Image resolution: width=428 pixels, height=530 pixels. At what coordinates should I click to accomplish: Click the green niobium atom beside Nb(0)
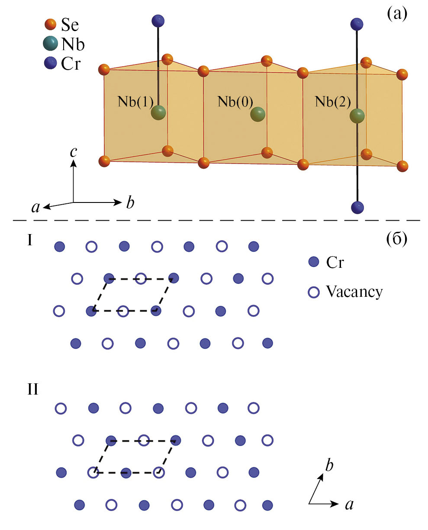tap(257, 115)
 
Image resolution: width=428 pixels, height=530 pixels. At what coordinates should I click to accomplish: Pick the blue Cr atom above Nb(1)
tap(158, 20)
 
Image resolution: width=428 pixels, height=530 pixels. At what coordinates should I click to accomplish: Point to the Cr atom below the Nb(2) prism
tap(357, 207)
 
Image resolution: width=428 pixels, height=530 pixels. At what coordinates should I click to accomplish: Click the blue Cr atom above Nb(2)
tap(357, 23)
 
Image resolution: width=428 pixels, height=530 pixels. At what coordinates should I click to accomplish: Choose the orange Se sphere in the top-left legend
tap(51, 24)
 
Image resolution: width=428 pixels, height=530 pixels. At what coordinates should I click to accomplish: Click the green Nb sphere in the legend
tap(51, 44)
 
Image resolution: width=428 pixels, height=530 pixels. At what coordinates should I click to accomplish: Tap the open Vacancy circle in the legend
tap(313, 292)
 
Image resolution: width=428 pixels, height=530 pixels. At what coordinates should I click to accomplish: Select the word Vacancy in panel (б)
tap(354, 292)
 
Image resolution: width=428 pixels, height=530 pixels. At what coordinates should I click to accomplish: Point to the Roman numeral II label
tap(32, 389)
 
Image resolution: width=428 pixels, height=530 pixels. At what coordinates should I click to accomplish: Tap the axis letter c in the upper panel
tap(74, 151)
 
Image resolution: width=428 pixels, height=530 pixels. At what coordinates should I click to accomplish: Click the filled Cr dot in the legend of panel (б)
tap(313, 261)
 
